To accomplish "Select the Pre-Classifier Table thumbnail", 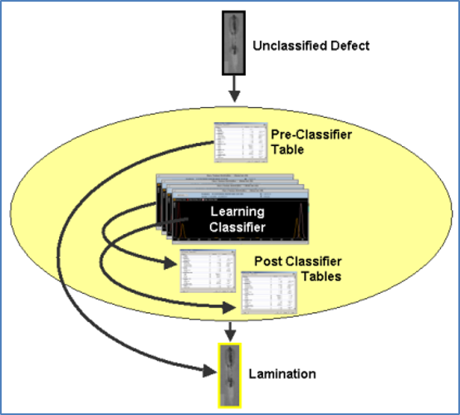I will (238, 142).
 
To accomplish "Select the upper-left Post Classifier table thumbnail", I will (204, 270).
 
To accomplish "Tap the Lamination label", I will (283, 374).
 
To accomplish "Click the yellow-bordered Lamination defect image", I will (230, 374).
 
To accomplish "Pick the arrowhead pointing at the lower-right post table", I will (233, 309).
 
